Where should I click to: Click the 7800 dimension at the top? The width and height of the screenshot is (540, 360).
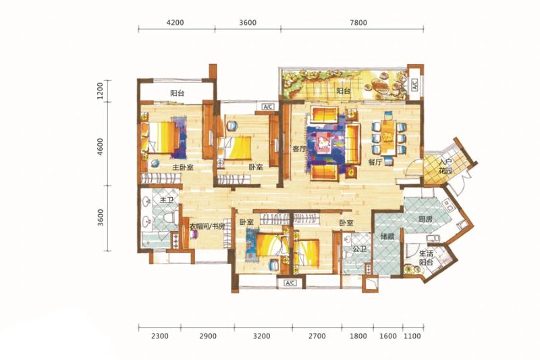click(358, 23)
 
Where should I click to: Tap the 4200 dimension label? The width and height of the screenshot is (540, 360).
click(175, 23)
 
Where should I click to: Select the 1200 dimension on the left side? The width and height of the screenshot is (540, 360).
click(100, 91)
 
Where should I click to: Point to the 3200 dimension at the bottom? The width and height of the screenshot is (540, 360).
click(261, 336)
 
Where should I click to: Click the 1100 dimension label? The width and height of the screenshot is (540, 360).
click(412, 336)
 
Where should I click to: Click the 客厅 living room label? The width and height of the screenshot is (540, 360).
click(299, 149)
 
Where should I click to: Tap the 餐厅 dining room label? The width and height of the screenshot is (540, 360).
click(375, 162)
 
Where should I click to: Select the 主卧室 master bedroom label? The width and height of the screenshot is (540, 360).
click(182, 168)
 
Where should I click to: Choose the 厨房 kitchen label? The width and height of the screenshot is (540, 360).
click(425, 220)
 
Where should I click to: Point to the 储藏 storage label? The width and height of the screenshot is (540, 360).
click(387, 236)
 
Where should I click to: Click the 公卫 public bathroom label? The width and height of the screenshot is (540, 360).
click(359, 249)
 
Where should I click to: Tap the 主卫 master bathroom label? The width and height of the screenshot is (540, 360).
click(167, 199)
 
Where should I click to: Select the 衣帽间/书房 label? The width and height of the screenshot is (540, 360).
click(207, 227)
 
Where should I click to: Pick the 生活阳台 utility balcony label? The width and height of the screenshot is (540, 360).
click(427, 258)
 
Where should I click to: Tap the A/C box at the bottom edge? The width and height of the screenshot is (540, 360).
click(290, 283)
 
